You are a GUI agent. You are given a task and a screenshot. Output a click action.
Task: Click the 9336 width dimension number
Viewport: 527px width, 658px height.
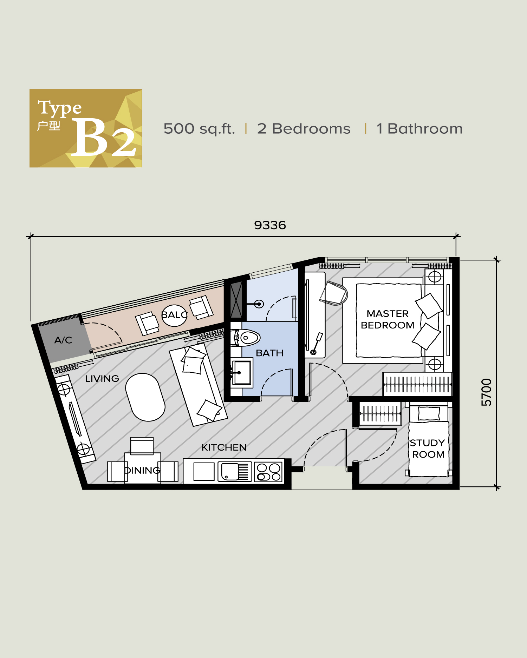pyautogui.click(x=270, y=225)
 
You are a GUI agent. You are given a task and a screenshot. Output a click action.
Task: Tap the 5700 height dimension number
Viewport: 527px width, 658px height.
pyautogui.click(x=486, y=392)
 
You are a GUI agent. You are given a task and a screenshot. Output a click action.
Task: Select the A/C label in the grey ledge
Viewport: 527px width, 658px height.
pyautogui.click(x=63, y=340)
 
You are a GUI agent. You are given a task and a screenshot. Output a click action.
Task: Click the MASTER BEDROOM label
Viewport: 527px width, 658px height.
pyautogui.click(x=388, y=319)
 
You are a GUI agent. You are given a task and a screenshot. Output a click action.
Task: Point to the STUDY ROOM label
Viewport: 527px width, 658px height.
pyautogui.click(x=428, y=448)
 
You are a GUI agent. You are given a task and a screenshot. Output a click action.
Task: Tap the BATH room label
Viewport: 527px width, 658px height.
pyautogui.click(x=269, y=353)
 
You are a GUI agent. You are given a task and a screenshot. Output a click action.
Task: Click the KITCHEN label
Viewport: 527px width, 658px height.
pyautogui.click(x=224, y=447)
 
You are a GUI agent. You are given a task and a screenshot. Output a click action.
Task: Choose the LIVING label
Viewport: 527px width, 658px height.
pyautogui.click(x=102, y=379)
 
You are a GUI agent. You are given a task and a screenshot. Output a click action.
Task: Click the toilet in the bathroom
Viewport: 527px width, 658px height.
pyautogui.click(x=248, y=338)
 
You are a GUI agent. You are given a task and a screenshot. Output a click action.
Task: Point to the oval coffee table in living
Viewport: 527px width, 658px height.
pyautogui.click(x=145, y=397)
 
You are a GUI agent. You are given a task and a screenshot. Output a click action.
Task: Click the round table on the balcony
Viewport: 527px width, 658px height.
pyautogui.click(x=174, y=315)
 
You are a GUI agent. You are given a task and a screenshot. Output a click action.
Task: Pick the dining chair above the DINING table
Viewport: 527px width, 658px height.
pyautogui.click(x=142, y=445)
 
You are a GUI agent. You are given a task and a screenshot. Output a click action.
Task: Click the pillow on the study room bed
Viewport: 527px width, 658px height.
pyautogui.click(x=429, y=413)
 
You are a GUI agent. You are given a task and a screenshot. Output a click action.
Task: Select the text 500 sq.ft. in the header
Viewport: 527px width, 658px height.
pyautogui.click(x=199, y=129)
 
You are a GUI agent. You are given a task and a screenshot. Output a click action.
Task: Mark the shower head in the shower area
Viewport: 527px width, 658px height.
pyautogui.click(x=259, y=304)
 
